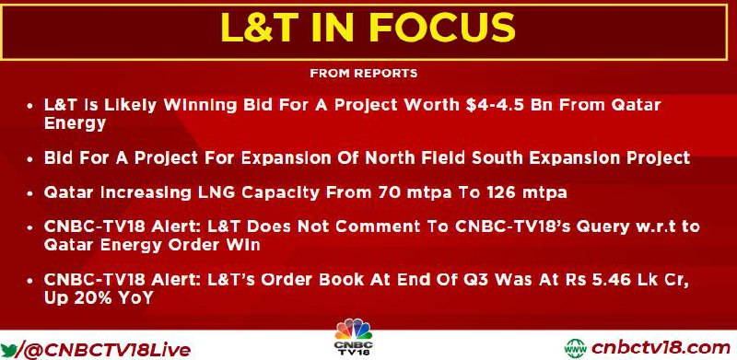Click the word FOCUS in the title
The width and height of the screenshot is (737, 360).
(442, 28)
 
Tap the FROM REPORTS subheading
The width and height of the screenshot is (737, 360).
(363, 74)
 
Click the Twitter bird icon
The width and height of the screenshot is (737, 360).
(9, 350)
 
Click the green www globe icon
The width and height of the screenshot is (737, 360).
(575, 349)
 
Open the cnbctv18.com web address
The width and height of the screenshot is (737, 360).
(661, 349)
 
